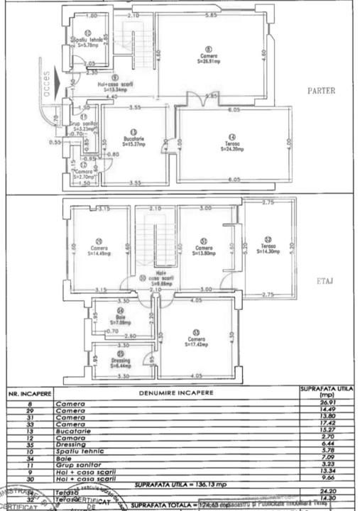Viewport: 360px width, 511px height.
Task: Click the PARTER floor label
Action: pyautogui.click(x=322, y=91)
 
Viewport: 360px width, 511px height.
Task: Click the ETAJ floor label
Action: pyautogui.click(x=324, y=282)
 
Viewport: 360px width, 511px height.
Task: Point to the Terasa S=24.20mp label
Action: pyautogui.click(x=231, y=145)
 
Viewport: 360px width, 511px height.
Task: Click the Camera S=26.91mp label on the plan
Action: pyautogui.click(x=208, y=57)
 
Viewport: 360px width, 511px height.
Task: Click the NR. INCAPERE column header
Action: pyautogui.click(x=29, y=392)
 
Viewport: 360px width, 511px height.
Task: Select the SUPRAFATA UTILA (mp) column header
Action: pyautogui.click(x=326, y=392)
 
